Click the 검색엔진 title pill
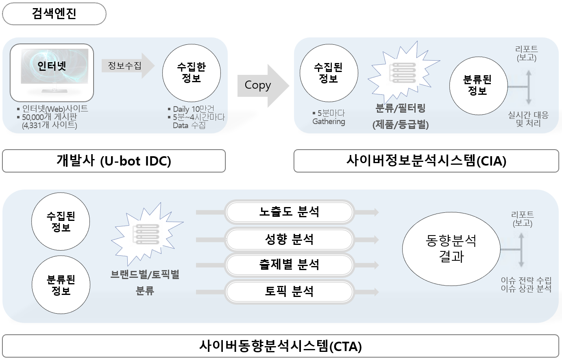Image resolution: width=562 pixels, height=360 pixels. coord(54,14)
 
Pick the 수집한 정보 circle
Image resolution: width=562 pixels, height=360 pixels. coord(192,73)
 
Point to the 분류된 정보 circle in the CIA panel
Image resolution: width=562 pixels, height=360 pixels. coord(478,85)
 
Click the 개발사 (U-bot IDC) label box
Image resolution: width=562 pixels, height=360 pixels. coord(114,161)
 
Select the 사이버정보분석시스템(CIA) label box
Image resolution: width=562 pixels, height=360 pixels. coord(426,161)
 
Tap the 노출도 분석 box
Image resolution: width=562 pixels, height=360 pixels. coord(289,212)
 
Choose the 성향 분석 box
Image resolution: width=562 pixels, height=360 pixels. coord(289,239)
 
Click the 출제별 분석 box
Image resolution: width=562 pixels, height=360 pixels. coord(289,265)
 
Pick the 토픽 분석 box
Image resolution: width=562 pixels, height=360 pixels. coord(289,291)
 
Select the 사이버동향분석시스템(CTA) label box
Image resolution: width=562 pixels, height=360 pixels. coord(281,346)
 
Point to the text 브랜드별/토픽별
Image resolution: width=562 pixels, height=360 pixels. coord(145,275)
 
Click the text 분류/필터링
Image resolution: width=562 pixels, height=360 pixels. coord(401,109)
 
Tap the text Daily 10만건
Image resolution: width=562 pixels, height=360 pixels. coord(193,109)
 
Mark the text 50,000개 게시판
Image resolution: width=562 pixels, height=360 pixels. coord(49,117)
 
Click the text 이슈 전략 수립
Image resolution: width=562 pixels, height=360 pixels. coord(526,280)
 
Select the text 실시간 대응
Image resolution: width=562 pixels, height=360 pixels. coord(528,115)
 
